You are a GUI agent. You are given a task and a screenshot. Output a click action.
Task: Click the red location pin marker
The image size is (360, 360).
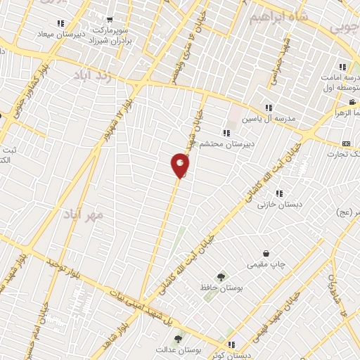pos(180,165)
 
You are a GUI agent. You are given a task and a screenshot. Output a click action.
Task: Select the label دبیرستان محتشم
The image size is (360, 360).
pos(222,144)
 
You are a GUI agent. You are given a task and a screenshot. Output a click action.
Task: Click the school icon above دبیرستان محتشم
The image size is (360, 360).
pos(226,132)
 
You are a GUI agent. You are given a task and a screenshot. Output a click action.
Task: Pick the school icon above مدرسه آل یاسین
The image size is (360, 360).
pos(269,108)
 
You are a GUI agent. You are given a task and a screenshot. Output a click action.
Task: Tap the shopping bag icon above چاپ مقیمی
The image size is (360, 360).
pos(266,253)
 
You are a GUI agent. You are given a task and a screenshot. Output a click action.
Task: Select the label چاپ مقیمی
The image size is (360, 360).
pos(266,265)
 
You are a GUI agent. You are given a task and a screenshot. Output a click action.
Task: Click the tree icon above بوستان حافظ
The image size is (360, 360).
pos(221,277)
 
